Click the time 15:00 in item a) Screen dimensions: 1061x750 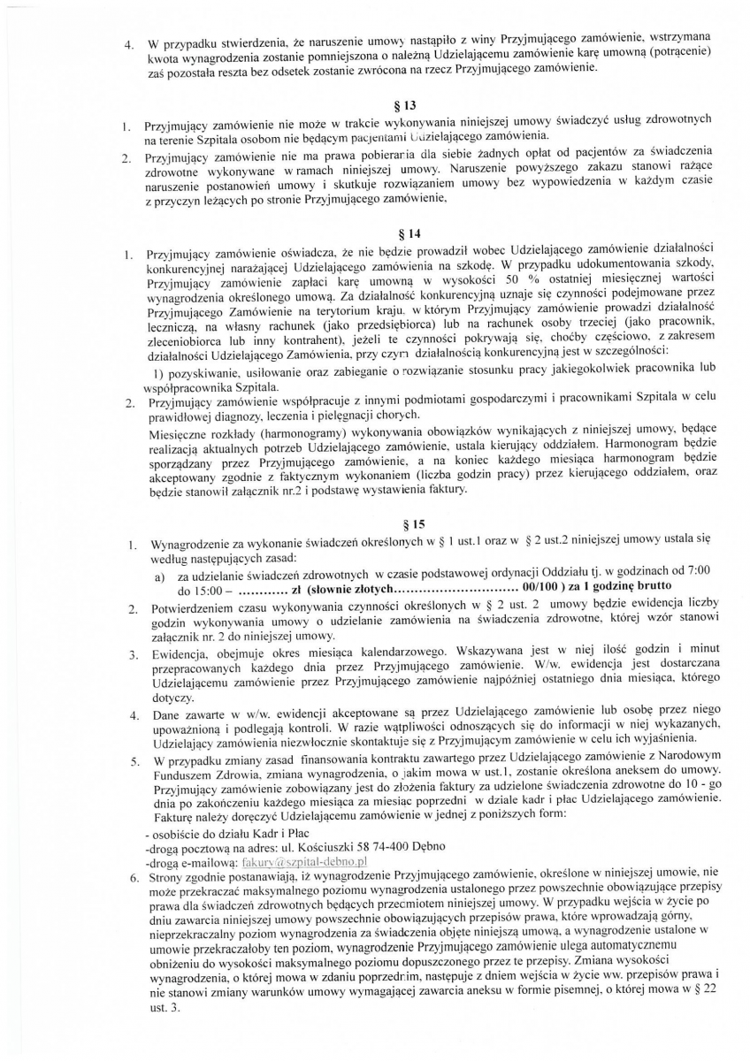195,589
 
